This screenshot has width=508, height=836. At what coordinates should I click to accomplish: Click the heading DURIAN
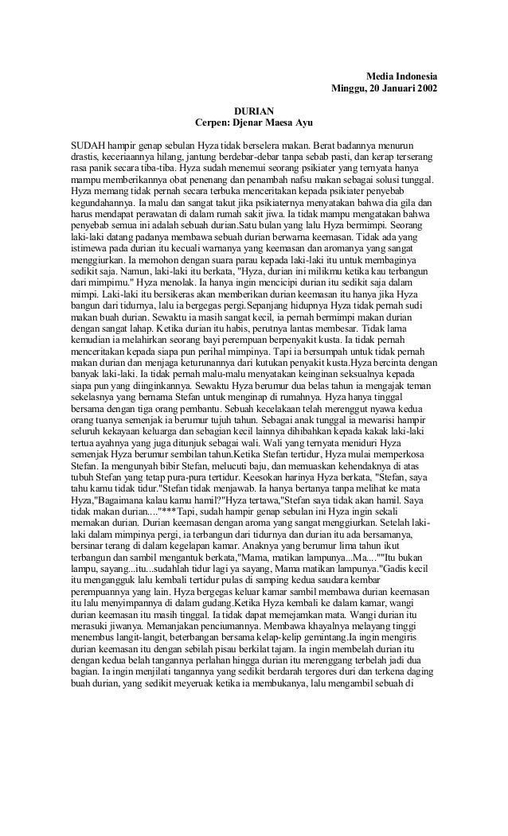(x=254, y=111)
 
